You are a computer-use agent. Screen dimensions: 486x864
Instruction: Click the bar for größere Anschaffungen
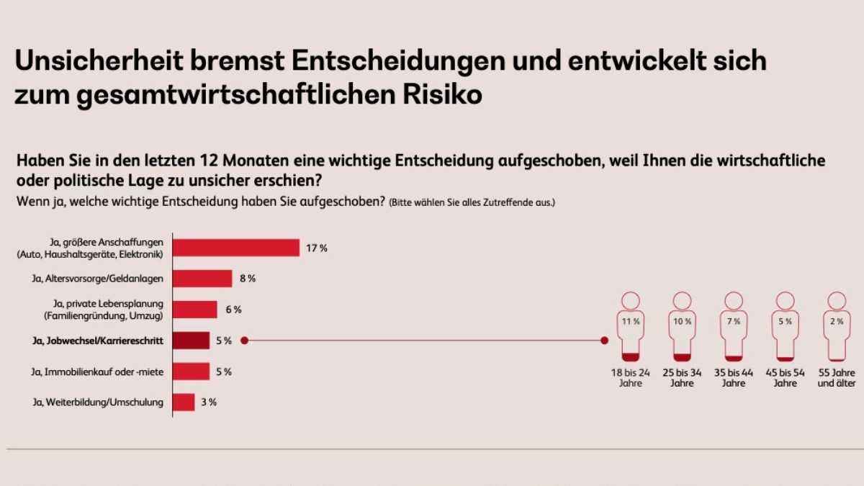[236, 248]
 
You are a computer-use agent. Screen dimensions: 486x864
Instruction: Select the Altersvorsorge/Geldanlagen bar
[203, 279]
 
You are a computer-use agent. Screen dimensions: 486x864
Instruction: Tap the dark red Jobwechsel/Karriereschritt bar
[192, 341]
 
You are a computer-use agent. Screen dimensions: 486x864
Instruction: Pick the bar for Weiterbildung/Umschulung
[184, 402]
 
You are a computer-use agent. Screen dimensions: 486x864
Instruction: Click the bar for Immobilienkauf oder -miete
[192, 372]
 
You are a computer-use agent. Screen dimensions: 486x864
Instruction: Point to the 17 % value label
[317, 248]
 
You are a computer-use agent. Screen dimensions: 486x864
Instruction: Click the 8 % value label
[247, 279]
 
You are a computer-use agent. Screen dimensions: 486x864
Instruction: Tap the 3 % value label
[209, 402]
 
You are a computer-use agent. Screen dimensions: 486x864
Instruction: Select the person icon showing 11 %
[631, 327]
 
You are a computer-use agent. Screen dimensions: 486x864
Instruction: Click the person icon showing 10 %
[683, 327]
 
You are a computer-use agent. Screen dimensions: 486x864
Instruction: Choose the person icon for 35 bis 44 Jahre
[734, 327]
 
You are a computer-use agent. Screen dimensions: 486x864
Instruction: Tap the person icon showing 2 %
[837, 327]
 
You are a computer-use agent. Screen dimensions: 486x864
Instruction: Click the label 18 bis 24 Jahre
[631, 378]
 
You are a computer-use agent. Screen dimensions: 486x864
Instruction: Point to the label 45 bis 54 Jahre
[786, 378]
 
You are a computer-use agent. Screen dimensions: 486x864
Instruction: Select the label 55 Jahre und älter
[837, 378]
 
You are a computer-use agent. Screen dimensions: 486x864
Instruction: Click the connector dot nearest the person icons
[604, 341]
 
